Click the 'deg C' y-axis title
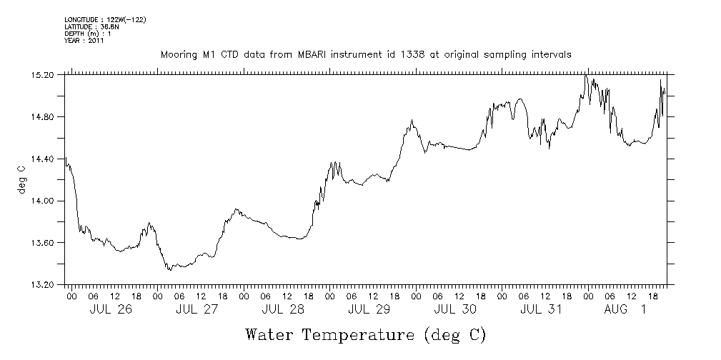click(22, 179)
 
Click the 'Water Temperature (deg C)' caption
click(365, 334)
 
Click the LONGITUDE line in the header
click(105, 19)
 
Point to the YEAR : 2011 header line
click(84, 41)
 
